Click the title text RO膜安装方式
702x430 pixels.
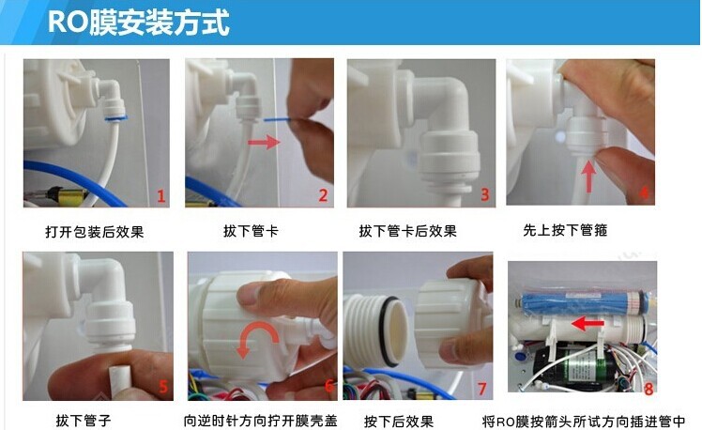(x=138, y=22)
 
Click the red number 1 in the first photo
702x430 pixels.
(x=160, y=196)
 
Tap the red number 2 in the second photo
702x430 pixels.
(x=323, y=196)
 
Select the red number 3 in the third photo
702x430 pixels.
(x=484, y=195)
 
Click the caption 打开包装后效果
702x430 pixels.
(x=94, y=231)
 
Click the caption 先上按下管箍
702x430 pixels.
(x=564, y=230)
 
